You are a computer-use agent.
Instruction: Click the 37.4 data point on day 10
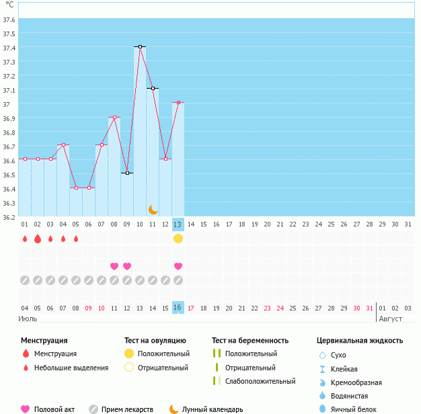(x=140, y=46)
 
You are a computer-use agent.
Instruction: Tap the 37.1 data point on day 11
(x=153, y=88)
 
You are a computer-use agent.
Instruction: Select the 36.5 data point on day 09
(x=127, y=173)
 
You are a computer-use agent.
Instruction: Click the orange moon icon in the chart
(x=153, y=210)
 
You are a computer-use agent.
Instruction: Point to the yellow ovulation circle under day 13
(x=178, y=239)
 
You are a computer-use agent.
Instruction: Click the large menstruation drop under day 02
(x=38, y=239)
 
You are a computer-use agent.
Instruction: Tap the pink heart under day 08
(x=114, y=266)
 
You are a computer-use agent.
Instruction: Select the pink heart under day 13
(x=178, y=266)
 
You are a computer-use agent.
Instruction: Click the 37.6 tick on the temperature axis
(x=9, y=19)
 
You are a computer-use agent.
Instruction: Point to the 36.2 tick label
(x=9, y=217)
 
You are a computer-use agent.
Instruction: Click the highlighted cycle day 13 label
(x=178, y=224)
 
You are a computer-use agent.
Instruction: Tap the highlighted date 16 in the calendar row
(x=178, y=308)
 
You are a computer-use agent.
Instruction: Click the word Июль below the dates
(x=28, y=319)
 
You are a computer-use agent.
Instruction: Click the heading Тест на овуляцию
(x=155, y=341)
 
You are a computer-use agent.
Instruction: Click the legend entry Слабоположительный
(x=260, y=381)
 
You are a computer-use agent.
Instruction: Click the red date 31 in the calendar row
(x=369, y=308)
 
